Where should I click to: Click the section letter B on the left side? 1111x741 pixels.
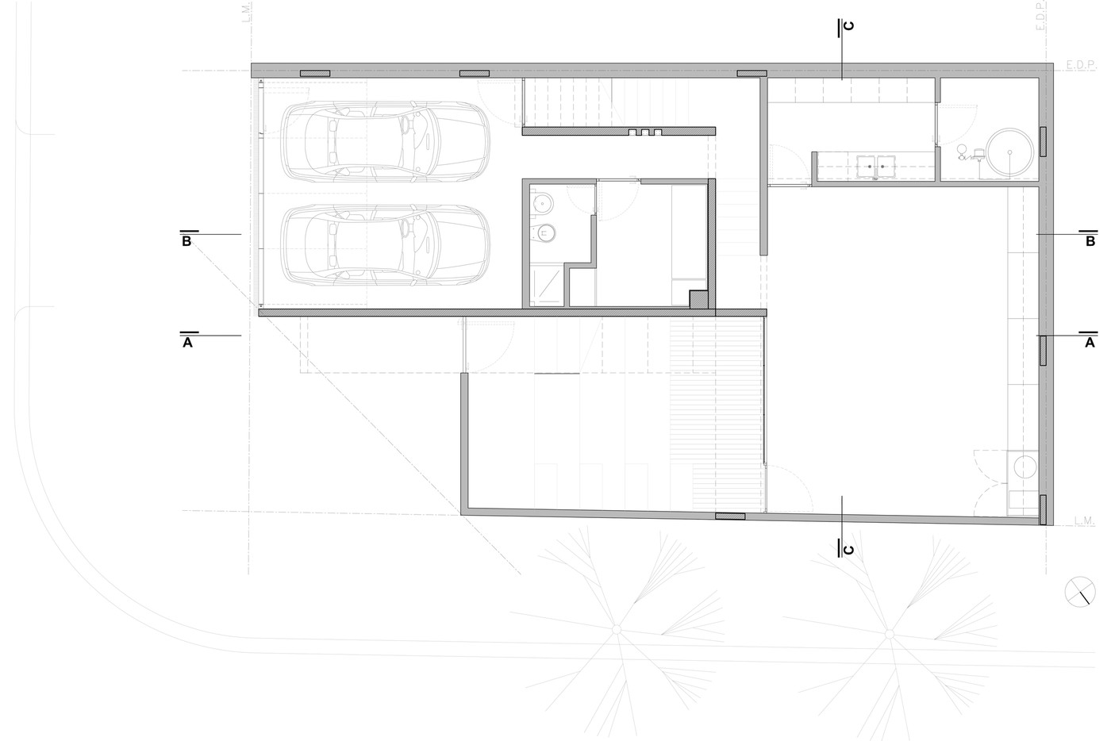click(x=186, y=241)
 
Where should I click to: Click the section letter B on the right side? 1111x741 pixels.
click(x=1090, y=241)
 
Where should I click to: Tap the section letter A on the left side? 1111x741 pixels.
click(x=187, y=343)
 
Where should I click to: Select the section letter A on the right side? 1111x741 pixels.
click(x=1090, y=343)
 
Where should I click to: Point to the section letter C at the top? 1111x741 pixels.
click(x=848, y=26)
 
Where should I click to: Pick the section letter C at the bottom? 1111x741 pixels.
click(x=848, y=550)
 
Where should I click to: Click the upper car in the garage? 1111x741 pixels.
click(x=386, y=142)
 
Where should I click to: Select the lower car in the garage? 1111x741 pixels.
click(x=386, y=245)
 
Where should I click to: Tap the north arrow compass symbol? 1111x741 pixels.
click(x=1080, y=592)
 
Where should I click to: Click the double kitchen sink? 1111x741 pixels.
click(x=876, y=167)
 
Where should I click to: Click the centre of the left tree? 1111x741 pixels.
click(x=617, y=629)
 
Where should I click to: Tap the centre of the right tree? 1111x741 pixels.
click(x=890, y=634)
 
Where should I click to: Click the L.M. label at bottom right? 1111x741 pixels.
click(x=1085, y=520)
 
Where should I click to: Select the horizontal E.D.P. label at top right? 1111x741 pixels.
click(x=1080, y=65)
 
